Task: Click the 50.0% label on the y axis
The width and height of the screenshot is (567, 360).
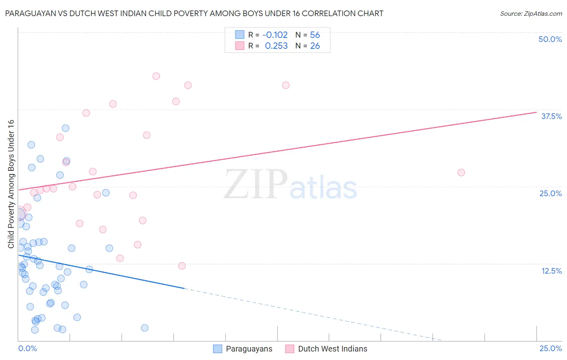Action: [550, 39]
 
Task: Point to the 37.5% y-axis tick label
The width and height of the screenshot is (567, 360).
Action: [551, 116]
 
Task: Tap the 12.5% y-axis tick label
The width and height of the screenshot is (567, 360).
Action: [551, 271]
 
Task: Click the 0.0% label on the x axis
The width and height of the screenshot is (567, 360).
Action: [27, 348]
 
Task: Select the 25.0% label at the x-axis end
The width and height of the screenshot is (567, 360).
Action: [550, 348]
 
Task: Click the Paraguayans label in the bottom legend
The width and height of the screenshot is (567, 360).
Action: [249, 349]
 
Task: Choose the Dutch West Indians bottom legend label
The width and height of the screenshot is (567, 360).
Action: [332, 349]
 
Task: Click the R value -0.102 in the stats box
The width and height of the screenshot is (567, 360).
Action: [275, 35]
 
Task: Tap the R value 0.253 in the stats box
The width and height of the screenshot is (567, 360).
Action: [276, 46]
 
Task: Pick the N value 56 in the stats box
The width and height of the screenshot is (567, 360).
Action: [315, 35]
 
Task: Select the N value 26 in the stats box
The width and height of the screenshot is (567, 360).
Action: [315, 46]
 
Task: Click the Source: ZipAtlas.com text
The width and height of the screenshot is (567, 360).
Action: [531, 13]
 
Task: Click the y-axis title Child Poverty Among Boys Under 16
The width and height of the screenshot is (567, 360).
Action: [11, 184]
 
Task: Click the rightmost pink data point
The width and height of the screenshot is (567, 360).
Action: [461, 172]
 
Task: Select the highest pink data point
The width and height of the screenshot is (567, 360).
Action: [156, 76]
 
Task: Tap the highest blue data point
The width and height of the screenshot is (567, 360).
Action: [65, 128]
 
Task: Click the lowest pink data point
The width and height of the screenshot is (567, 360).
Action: [182, 266]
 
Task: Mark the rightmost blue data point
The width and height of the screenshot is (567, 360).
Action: [144, 328]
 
